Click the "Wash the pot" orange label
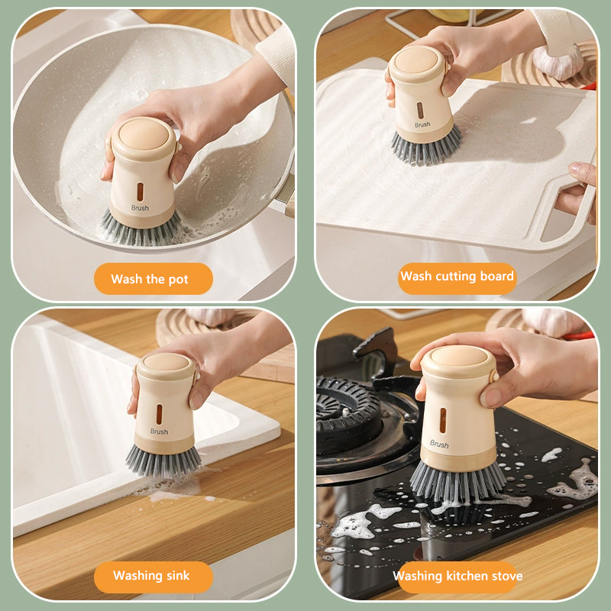coord(154,279)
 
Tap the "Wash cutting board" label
coord(457,276)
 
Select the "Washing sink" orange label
coord(154,577)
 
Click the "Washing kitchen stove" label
coord(457,577)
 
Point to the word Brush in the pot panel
coord(140,208)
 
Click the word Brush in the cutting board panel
coord(422,124)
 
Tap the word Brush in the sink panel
coord(159,432)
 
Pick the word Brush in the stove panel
coord(439,444)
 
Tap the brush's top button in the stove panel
coord(457,356)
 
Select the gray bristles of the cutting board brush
coord(426,147)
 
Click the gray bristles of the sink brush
coord(163,461)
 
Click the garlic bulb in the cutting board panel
coord(558,62)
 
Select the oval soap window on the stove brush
coord(443,421)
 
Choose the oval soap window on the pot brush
coord(140,192)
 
